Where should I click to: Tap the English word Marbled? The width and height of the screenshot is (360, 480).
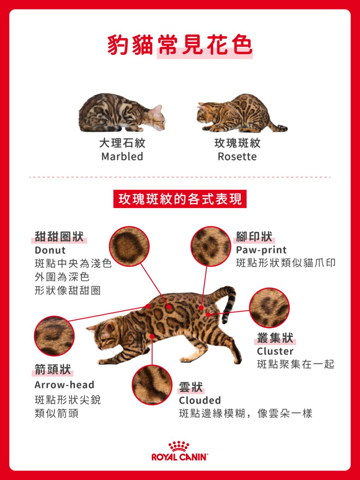(x=122, y=156)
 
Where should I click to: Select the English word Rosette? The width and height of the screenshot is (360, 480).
(x=237, y=156)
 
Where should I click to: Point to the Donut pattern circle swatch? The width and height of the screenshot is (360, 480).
(x=129, y=246)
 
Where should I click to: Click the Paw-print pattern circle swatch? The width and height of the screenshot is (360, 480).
(x=211, y=246)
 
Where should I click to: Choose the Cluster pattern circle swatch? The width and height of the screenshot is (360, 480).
(x=269, y=308)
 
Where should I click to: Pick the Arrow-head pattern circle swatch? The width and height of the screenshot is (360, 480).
(x=54, y=336)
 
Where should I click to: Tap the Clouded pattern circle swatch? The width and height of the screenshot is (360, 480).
(x=152, y=385)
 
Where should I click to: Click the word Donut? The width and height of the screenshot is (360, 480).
(x=50, y=250)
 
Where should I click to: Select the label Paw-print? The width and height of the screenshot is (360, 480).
(x=261, y=250)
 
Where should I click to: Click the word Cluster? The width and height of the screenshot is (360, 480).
(x=275, y=351)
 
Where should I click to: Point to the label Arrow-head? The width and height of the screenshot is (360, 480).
(x=64, y=385)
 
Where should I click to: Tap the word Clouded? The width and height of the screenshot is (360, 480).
(x=200, y=400)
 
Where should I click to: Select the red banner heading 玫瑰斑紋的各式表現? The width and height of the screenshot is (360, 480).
(x=180, y=199)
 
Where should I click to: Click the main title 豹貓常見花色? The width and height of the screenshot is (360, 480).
(x=180, y=45)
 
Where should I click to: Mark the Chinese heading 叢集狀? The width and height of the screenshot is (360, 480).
(x=275, y=338)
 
